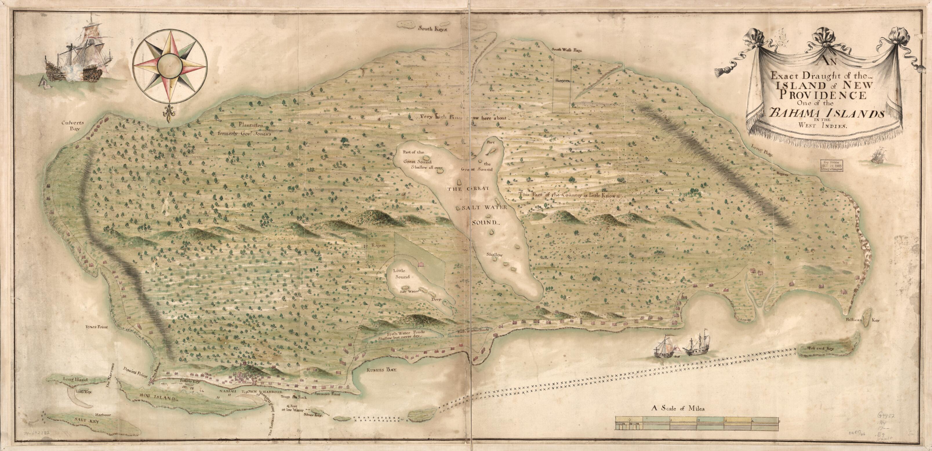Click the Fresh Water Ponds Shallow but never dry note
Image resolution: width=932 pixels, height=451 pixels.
[397, 334]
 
